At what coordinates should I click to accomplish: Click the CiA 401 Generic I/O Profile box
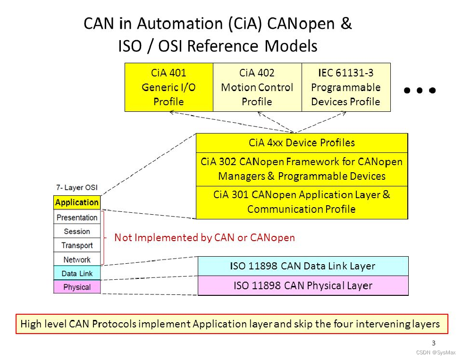click(168, 87)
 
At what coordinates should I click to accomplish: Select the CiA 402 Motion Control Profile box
click(257, 87)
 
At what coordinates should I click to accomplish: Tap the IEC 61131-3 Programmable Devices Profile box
click(346, 87)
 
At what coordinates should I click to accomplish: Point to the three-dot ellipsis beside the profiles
click(420, 90)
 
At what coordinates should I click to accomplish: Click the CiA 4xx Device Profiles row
click(302, 142)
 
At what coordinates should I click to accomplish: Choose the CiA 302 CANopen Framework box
click(302, 169)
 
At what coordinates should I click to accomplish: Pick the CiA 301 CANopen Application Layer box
click(302, 202)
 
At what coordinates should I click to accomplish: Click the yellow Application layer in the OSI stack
click(77, 202)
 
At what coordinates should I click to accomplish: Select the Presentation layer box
click(77, 218)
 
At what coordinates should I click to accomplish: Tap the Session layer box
click(77, 231)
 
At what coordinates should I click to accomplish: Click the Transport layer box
click(77, 245)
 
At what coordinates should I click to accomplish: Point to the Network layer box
click(77, 260)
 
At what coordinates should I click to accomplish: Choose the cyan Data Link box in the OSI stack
click(77, 273)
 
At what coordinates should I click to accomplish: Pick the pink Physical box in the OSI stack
click(77, 287)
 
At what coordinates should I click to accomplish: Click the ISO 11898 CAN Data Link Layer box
click(303, 266)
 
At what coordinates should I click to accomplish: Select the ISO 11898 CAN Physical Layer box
click(303, 285)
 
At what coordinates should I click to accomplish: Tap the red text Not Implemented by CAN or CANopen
click(204, 237)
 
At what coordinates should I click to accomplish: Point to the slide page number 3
click(433, 343)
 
